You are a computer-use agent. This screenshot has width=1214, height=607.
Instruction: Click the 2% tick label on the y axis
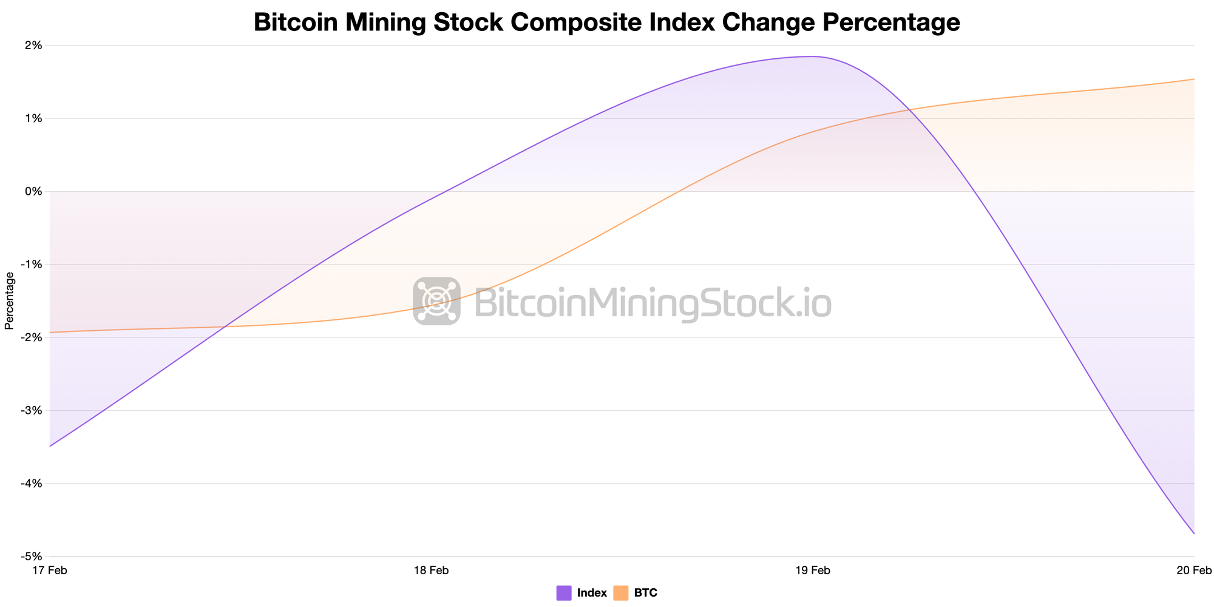(x=33, y=46)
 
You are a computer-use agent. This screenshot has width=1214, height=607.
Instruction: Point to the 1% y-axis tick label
(x=33, y=118)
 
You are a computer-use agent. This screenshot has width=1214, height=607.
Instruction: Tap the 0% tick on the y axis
(x=33, y=192)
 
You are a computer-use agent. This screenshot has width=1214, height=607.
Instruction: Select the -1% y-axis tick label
(x=32, y=265)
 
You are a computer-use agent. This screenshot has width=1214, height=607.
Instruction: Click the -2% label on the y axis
(x=32, y=337)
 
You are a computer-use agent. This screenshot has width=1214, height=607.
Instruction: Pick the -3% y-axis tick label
(x=32, y=411)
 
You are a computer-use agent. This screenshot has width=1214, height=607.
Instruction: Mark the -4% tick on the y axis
(x=32, y=484)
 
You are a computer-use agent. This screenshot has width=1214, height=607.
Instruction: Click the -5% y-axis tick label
(x=32, y=557)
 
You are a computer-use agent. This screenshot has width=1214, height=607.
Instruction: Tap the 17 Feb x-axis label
(x=49, y=571)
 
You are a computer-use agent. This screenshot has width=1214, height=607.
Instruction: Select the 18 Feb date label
(x=431, y=571)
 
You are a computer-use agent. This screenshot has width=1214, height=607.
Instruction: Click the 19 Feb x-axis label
(x=812, y=571)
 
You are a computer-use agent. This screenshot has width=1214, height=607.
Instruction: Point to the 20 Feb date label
(x=1194, y=571)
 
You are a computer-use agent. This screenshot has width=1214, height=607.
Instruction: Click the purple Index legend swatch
(x=564, y=593)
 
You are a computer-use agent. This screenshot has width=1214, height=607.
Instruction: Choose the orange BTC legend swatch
(x=620, y=593)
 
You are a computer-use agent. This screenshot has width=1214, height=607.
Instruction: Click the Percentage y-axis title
(x=9, y=300)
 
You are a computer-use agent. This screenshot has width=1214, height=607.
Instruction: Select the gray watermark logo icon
(x=436, y=301)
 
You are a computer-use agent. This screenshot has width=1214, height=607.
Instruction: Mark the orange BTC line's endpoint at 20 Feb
(x=1194, y=79)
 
